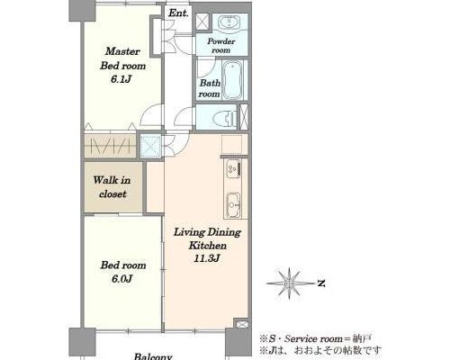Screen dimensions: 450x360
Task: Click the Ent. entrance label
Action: [178, 13]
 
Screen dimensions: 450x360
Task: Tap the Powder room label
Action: [221, 46]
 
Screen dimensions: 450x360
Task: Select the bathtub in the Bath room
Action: [233, 80]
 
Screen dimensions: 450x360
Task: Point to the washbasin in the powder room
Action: [229, 22]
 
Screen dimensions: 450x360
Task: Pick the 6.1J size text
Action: [121, 79]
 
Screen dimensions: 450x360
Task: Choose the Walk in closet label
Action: [112, 187]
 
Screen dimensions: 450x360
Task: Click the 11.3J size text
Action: [207, 258]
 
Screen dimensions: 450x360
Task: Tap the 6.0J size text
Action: [122, 279]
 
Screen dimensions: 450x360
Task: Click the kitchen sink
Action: [233, 204]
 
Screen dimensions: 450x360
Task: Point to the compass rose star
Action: [289, 283]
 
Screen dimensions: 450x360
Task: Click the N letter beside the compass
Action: [321, 283]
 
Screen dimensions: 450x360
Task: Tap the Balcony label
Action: [153, 356]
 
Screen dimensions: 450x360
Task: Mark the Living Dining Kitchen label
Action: [207, 238]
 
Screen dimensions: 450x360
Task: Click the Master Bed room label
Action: [122, 58]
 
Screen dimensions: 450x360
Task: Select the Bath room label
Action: [210, 88]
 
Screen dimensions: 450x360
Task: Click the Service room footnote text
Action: [316, 339]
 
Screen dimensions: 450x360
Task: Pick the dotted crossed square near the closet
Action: [151, 147]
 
